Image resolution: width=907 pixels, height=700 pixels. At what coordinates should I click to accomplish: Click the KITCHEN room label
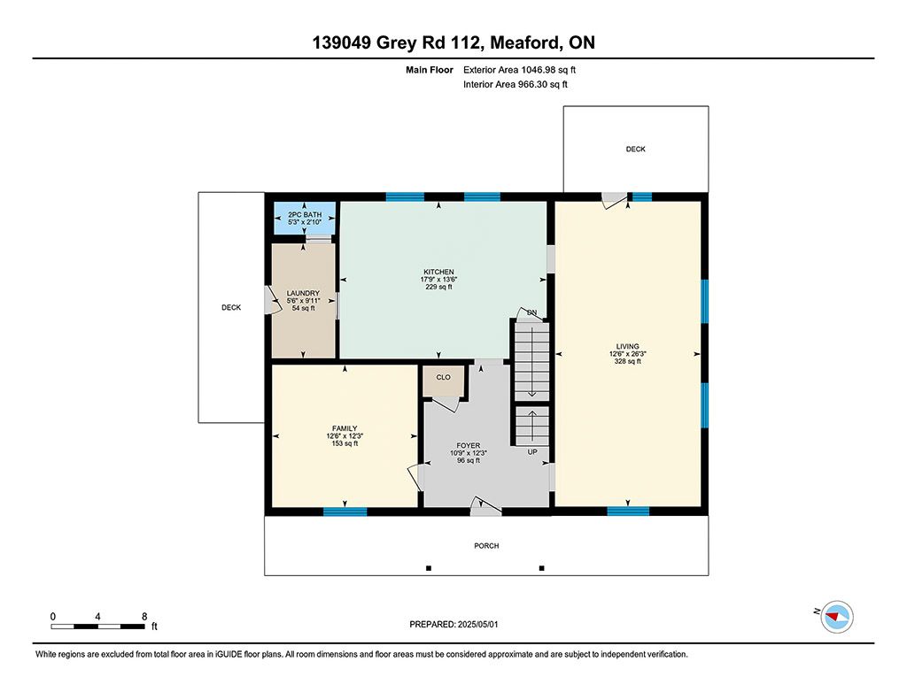click(438, 272)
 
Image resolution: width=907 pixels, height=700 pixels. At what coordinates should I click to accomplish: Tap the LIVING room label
click(628, 346)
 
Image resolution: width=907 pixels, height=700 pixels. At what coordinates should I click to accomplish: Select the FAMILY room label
click(345, 428)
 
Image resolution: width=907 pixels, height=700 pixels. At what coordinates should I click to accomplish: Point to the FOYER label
click(468, 446)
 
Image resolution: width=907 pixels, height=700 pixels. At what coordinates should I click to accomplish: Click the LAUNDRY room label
click(303, 293)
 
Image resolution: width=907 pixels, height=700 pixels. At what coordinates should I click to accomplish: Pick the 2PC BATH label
click(305, 214)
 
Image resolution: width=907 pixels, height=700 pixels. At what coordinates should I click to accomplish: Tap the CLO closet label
click(443, 378)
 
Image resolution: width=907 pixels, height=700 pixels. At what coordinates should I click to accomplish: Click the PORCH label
click(486, 546)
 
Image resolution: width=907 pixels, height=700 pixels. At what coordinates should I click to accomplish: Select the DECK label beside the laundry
click(231, 307)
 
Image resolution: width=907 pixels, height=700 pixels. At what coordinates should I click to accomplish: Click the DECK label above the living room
click(636, 150)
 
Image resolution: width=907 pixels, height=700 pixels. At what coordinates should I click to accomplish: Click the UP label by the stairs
click(532, 452)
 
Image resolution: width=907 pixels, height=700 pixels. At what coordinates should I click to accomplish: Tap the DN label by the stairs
click(532, 312)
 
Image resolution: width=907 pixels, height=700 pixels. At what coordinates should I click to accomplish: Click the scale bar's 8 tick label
click(144, 617)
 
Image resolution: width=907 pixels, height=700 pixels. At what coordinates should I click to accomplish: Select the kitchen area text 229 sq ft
click(438, 287)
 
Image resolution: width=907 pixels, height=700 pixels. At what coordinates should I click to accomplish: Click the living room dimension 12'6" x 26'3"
click(628, 354)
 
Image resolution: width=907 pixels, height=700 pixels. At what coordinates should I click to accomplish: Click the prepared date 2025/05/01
click(477, 624)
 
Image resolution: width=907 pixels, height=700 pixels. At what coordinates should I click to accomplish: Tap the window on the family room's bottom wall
click(345, 512)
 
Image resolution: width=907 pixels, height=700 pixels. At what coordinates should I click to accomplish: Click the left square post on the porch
click(429, 568)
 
